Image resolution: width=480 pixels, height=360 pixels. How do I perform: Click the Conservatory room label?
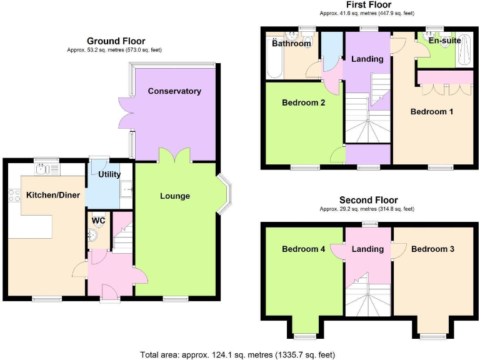(174, 91)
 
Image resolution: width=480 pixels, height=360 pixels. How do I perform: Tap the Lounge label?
(175, 196)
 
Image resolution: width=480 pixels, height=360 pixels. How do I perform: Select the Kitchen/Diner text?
(52, 196)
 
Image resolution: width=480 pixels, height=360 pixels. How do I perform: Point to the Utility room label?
(109, 174)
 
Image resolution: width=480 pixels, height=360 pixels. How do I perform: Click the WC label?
(98, 221)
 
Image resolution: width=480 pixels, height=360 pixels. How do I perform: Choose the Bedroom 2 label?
(303, 102)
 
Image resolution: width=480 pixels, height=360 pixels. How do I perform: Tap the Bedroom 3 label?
(432, 249)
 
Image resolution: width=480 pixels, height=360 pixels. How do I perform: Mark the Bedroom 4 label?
(303, 249)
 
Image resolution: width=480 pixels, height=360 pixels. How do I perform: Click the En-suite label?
(444, 41)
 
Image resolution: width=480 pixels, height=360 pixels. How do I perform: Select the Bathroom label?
(291, 44)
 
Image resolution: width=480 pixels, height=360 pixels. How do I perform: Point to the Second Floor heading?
(368, 200)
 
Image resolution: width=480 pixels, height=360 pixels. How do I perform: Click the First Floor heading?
(369, 5)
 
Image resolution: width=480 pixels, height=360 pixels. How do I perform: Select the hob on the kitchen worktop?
(13, 196)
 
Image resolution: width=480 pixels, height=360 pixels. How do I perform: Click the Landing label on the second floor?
(367, 249)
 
